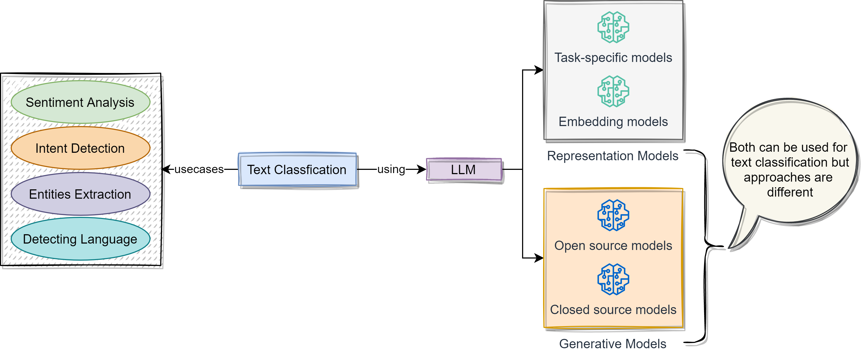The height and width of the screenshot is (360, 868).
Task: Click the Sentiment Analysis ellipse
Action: (80, 102)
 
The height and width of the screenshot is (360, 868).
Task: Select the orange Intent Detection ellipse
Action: (80, 148)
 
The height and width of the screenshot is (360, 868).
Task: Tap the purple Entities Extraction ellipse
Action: (80, 194)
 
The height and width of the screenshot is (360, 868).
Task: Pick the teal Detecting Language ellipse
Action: (80, 239)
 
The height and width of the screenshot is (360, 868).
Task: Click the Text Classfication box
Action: (297, 170)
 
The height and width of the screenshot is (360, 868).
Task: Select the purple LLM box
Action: (464, 170)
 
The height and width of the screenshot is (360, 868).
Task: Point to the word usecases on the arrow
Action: (199, 169)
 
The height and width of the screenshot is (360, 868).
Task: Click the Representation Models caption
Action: (612, 156)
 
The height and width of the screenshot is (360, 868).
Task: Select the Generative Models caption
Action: (612, 344)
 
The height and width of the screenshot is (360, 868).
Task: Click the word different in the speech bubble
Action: (790, 192)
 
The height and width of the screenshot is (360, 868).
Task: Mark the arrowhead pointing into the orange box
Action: (539, 258)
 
